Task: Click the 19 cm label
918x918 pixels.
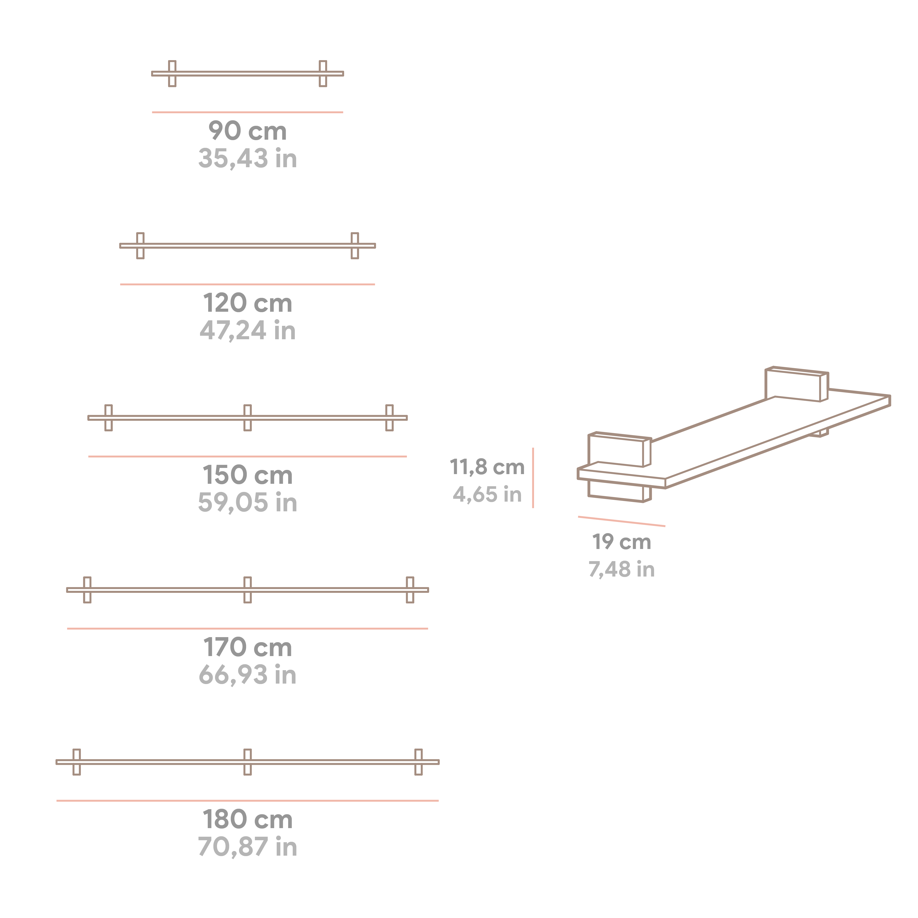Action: [x=621, y=542]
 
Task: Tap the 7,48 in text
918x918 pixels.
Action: [x=621, y=569]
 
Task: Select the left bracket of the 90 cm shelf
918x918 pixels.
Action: [x=172, y=74]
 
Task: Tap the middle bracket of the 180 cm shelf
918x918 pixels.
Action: [x=248, y=762]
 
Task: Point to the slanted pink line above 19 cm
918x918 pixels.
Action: [x=621, y=521]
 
